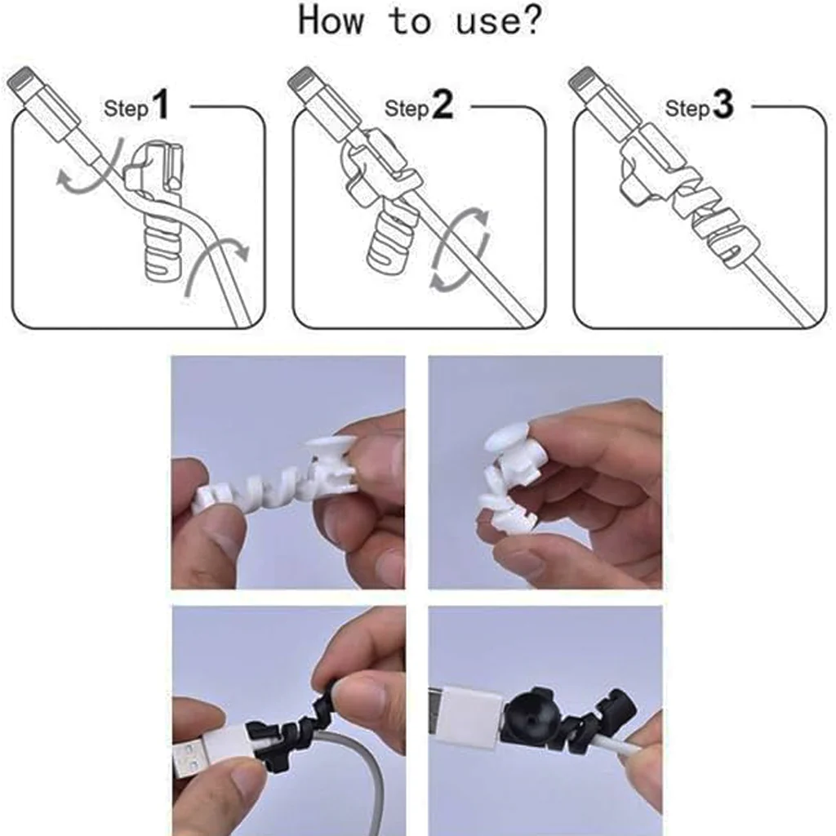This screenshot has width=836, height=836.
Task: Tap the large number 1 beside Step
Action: (160, 106)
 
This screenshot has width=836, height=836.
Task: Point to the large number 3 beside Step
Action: (723, 106)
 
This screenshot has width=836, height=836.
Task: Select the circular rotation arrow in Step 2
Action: (461, 249)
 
